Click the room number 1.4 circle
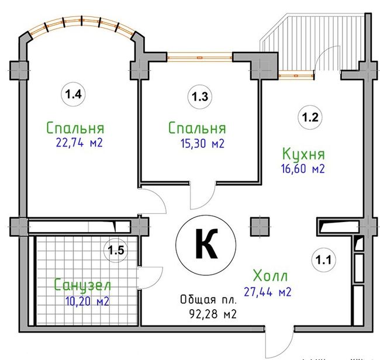[x=73, y=94]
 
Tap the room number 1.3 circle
[x=200, y=96]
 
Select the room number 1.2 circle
[x=310, y=117]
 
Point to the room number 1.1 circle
[x=323, y=260]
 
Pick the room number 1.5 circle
[x=116, y=250]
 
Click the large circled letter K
[x=206, y=245]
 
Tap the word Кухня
[x=303, y=154]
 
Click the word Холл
[x=271, y=275]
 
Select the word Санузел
[x=82, y=285]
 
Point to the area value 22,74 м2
[x=80, y=143]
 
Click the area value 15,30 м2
[x=203, y=143]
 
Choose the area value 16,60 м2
[x=303, y=169]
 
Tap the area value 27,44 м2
[x=268, y=292]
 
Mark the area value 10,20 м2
[x=87, y=302]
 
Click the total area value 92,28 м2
[x=213, y=314]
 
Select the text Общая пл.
[x=208, y=300]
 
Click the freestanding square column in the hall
[x=260, y=227]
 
